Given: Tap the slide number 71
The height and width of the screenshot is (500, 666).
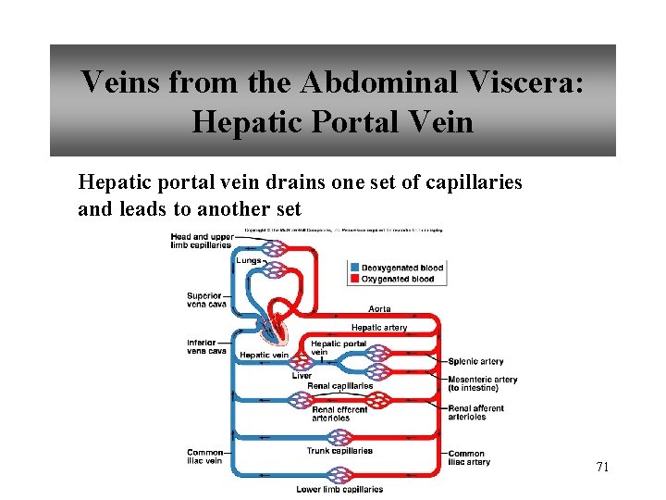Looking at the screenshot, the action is tap(602, 467).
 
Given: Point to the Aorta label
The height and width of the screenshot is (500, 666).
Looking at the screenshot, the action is tap(379, 308).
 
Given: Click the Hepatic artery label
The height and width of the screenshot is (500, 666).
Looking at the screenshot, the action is tap(378, 327).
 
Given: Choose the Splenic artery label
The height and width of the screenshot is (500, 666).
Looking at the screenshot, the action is tap(475, 362).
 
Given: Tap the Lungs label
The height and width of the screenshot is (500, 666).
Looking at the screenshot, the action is tap(248, 261).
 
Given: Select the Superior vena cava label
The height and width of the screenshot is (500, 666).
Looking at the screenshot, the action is tap(205, 300).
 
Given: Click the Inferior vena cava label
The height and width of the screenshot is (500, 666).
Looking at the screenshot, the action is tap(206, 345).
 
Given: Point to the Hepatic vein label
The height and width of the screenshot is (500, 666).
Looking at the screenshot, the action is tap(264, 355).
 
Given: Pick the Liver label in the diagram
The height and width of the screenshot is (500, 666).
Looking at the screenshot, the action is tap(302, 376).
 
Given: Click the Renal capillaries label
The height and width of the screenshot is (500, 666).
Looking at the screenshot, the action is tap(339, 386).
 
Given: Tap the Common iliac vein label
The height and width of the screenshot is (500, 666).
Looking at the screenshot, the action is tap(204, 456).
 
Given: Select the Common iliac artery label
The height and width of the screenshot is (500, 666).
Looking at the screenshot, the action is tap(468, 457).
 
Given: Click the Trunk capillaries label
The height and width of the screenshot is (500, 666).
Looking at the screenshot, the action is tap(339, 451).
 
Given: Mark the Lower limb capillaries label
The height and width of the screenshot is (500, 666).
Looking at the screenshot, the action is tap(339, 489).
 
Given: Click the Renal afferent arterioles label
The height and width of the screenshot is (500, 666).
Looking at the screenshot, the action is tap(475, 412).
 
